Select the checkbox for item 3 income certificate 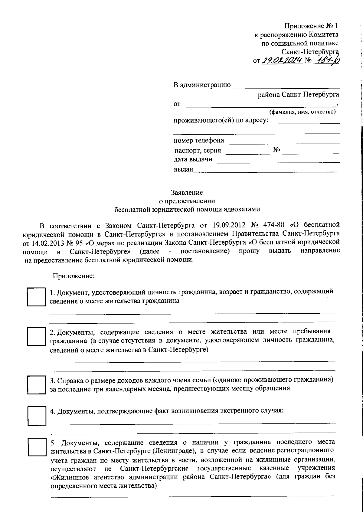[x=36, y=385]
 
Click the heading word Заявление [x=187, y=193]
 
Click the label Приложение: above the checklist [x=74, y=276]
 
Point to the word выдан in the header [x=183, y=170]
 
